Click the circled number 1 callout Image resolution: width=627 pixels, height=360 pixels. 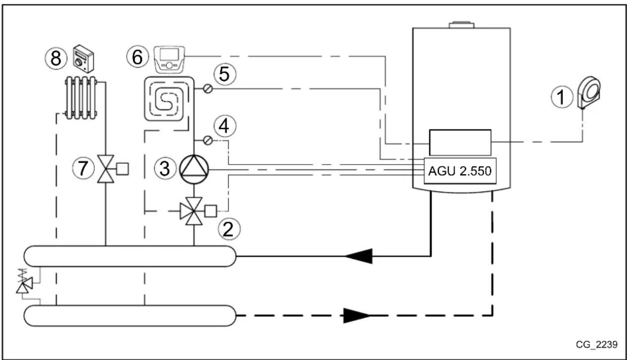tap(562, 98)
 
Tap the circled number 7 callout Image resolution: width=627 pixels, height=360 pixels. tap(83, 169)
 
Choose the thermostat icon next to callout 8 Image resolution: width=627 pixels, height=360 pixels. tap(83, 59)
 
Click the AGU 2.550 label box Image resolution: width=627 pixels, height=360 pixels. tap(459, 171)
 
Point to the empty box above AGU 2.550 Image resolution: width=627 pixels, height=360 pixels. tap(459, 143)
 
